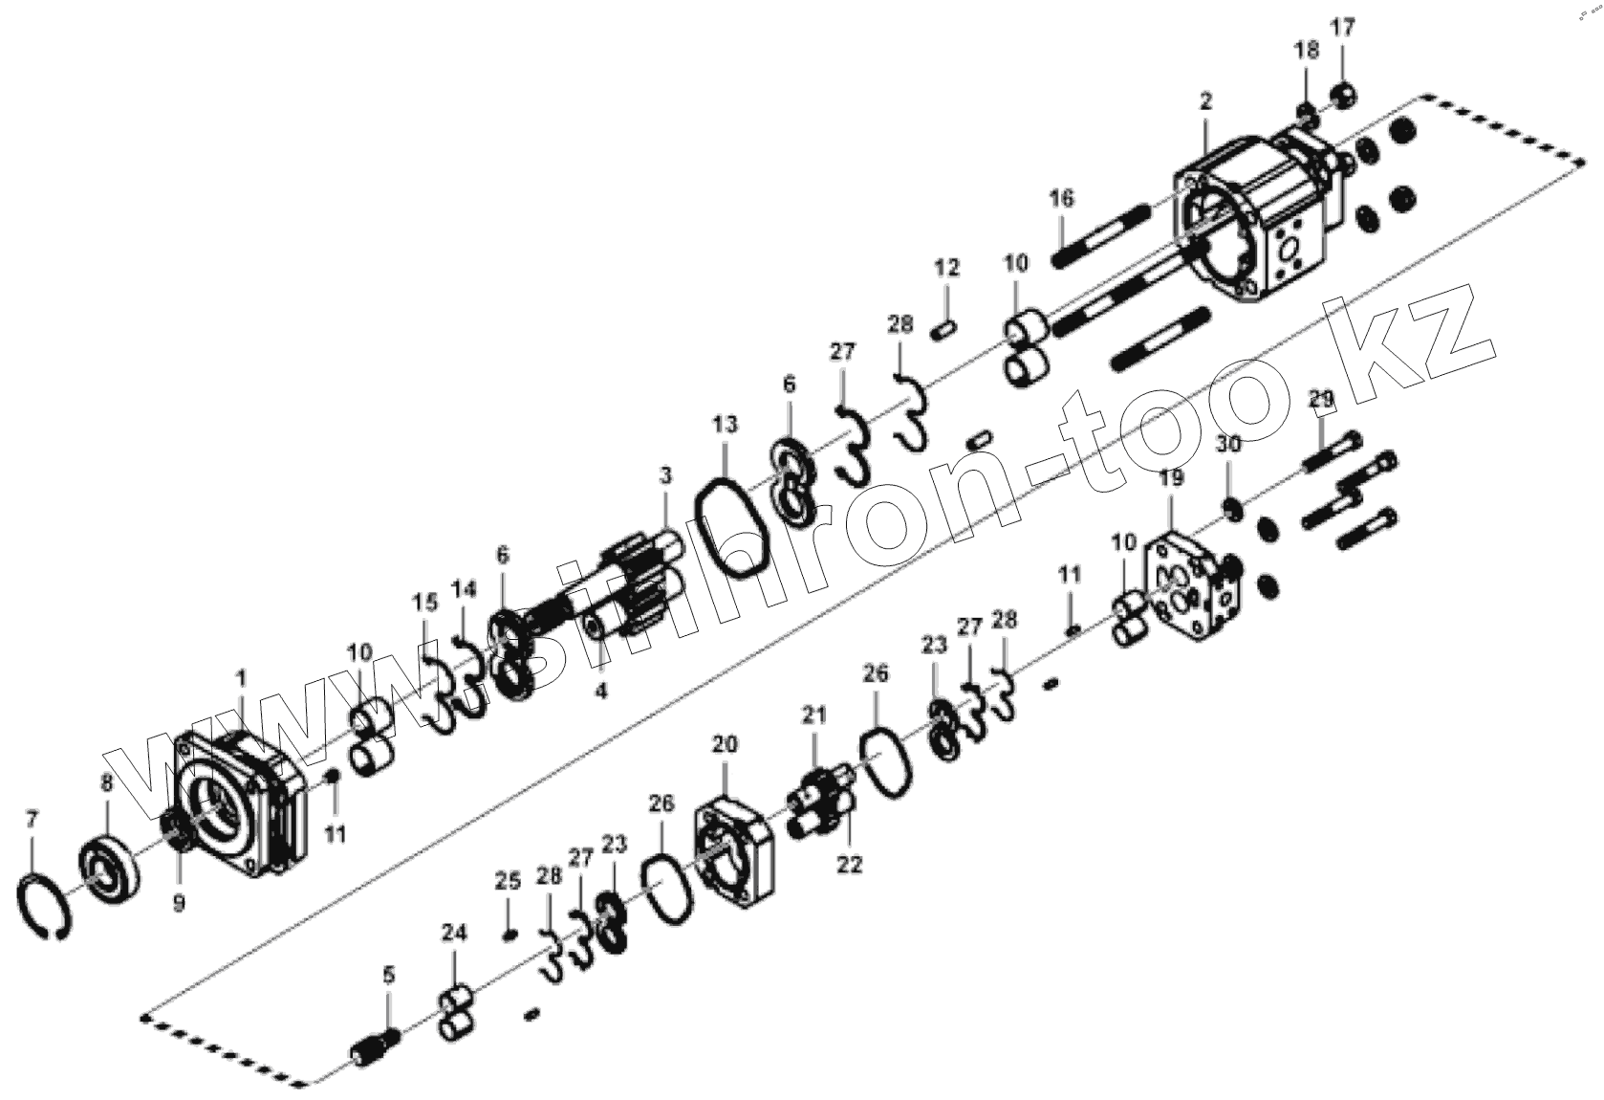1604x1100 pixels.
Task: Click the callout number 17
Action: pos(1343,28)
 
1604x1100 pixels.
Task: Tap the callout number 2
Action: pos(1205,101)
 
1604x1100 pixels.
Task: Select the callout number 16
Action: pos(1062,198)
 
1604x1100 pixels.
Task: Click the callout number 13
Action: pos(725,425)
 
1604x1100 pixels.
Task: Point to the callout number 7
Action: pos(33,819)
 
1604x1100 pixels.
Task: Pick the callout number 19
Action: pos(1172,477)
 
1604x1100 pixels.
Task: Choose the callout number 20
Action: pos(724,744)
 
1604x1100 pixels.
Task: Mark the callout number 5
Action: pos(388,975)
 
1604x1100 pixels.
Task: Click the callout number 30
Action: pos(1228,444)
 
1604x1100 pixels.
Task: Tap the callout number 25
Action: pos(508,881)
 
